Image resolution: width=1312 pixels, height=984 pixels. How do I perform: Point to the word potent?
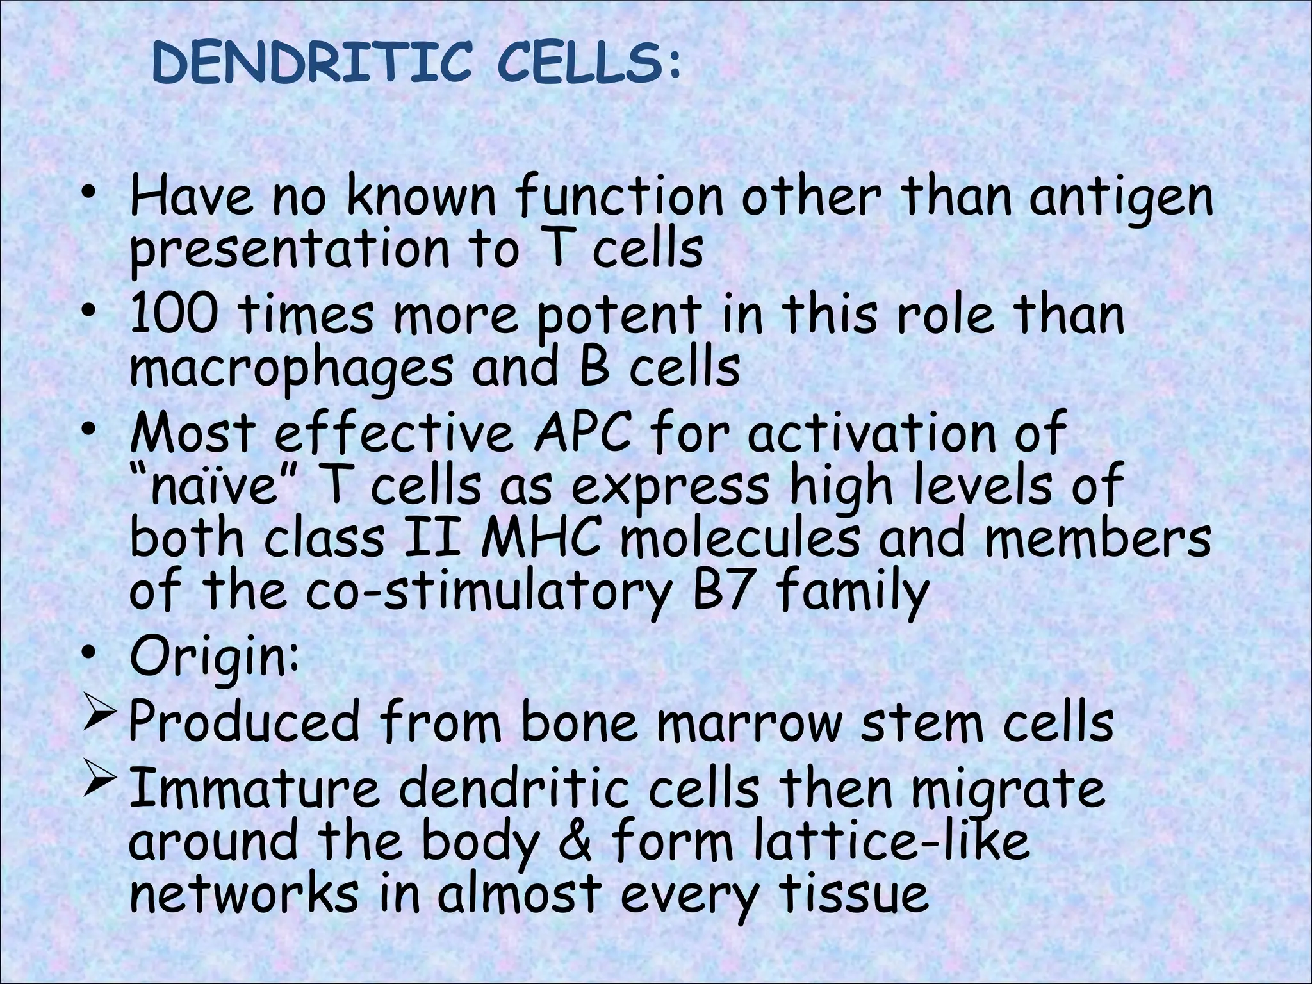[x=619, y=316]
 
